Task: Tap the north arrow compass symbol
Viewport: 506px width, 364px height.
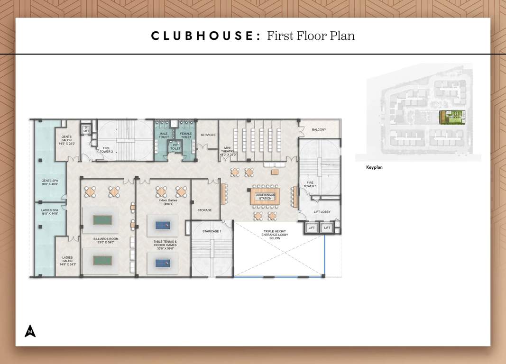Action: click(30, 331)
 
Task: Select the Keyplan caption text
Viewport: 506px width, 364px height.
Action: click(374, 167)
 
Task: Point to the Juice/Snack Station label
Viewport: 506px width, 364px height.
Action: click(265, 196)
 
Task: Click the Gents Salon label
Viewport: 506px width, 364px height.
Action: click(67, 139)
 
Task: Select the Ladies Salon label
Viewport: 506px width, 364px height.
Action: click(67, 261)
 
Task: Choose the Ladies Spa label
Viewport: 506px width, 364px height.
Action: click(50, 212)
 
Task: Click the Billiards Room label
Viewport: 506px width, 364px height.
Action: click(105, 240)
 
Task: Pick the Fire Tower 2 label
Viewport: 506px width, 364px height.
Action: click(107, 150)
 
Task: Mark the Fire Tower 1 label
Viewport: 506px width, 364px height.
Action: click(310, 184)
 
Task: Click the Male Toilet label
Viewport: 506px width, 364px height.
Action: click(164, 136)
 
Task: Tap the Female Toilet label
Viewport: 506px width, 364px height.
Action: click(186, 136)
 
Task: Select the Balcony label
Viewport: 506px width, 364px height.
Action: click(319, 129)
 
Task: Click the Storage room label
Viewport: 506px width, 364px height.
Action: click(204, 210)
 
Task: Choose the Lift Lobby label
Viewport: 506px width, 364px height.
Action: click(322, 212)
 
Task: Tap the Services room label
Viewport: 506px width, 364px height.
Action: click(208, 135)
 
